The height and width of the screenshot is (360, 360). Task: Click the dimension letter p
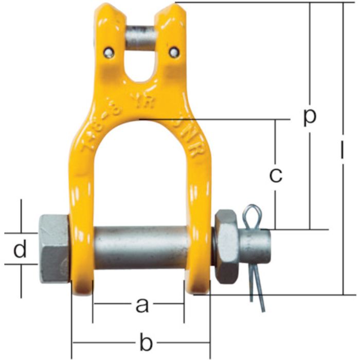309,118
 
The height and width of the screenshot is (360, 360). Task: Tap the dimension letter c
276,175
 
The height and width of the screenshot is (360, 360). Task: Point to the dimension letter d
20,250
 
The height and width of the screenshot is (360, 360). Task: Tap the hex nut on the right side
226,245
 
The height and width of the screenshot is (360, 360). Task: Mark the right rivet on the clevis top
175,51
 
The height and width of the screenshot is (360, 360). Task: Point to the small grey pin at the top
141,39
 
